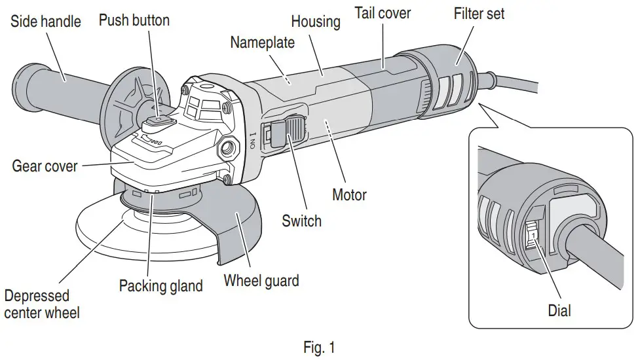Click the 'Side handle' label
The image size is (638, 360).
pyautogui.click(x=45, y=22)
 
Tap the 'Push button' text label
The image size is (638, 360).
pyautogui.click(x=134, y=20)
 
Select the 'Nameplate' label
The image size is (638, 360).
pyautogui.click(x=262, y=43)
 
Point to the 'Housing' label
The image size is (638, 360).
pyautogui.click(x=316, y=21)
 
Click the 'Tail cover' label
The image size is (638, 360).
pyautogui.click(x=383, y=12)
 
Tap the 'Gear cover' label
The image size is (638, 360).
pyautogui.click(x=45, y=166)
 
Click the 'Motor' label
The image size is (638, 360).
pyautogui.click(x=349, y=194)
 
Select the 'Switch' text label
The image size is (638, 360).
pyautogui.click(x=301, y=221)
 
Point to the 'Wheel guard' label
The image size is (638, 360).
pyautogui.click(x=261, y=281)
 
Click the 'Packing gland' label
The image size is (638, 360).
pyautogui.click(x=161, y=286)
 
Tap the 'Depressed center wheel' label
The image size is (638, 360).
pyautogui.click(x=42, y=304)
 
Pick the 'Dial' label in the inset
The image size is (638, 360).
pyautogui.click(x=559, y=310)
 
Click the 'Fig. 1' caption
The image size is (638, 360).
pyautogui.click(x=319, y=348)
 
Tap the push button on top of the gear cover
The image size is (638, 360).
pyautogui.click(x=159, y=121)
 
